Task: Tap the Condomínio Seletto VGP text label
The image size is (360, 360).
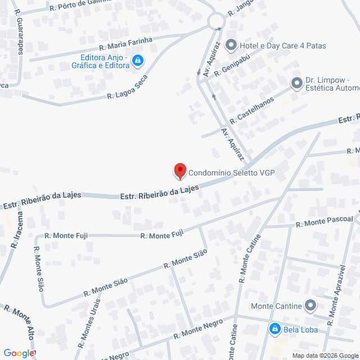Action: [x=231, y=173]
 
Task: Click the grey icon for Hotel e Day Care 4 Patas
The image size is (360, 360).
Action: [x=231, y=45]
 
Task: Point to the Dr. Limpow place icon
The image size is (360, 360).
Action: [x=296, y=84]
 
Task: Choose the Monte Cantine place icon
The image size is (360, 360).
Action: [x=311, y=306]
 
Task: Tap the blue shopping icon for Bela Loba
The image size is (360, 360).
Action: [x=275, y=328]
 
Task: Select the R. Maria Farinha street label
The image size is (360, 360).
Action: [x=125, y=43]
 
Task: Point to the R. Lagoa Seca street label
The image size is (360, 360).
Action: [x=128, y=88]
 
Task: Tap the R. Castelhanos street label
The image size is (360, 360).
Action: [x=251, y=110]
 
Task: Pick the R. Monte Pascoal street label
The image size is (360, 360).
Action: [x=325, y=222]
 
